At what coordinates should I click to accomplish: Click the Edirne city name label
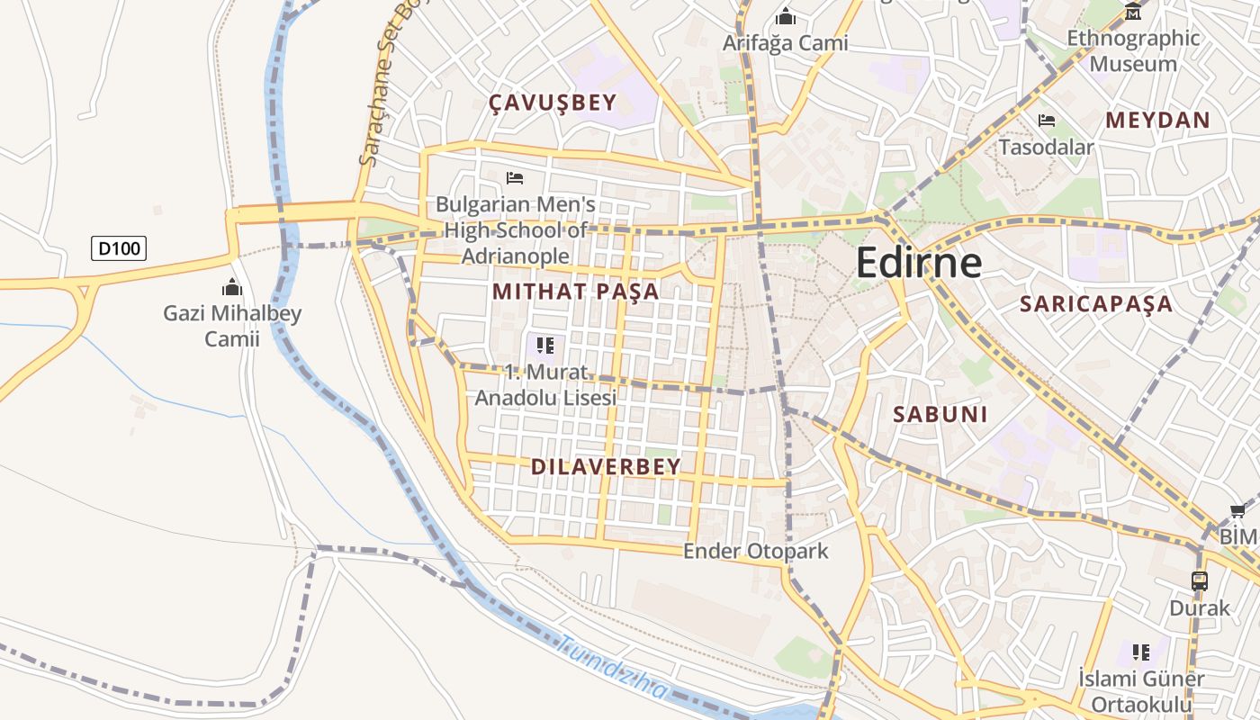(918, 262)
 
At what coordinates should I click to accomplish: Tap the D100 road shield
(119, 247)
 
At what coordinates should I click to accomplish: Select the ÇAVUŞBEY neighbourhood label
(553, 103)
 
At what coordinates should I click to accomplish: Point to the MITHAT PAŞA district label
(576, 292)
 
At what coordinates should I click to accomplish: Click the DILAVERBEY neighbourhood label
(606, 466)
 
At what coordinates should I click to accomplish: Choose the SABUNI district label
(940, 414)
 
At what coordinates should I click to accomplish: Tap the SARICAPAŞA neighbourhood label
(1096, 303)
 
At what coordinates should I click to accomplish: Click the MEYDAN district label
(1157, 120)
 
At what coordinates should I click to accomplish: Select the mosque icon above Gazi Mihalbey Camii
(232, 287)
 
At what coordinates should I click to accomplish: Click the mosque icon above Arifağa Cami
(786, 16)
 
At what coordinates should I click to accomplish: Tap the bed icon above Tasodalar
(1046, 121)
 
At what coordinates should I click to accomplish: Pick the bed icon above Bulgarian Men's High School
(515, 177)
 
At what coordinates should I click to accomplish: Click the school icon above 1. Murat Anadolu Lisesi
(545, 345)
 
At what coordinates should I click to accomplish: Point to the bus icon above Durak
(1199, 580)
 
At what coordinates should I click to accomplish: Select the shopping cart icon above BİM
(1237, 510)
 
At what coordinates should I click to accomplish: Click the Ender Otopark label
(755, 551)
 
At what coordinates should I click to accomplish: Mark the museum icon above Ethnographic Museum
(1133, 12)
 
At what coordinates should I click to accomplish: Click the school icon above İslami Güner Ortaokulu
(1141, 652)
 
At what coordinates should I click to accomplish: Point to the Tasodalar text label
(1046, 147)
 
